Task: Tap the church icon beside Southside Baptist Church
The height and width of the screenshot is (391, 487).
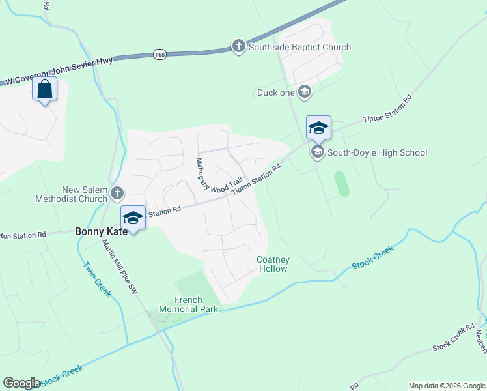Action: [239, 47]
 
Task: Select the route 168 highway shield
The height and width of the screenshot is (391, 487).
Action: [160, 55]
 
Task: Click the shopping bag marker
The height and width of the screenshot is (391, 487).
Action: [44, 90]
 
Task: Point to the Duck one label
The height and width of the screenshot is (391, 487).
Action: [275, 93]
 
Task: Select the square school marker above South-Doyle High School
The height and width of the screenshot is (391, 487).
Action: [318, 128]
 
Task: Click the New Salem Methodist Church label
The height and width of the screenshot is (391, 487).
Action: [83, 194]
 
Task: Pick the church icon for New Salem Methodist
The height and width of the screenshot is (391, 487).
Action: [117, 192]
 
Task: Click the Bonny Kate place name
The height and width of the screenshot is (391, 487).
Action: [101, 231]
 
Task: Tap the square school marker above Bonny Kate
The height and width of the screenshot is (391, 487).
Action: [133, 218]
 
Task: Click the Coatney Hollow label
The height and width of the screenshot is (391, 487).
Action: [273, 264]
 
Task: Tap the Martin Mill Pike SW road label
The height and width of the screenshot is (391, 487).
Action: [120, 267]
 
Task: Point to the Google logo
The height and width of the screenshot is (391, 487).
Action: [22, 383]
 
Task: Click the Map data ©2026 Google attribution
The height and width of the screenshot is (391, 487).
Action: [447, 386]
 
